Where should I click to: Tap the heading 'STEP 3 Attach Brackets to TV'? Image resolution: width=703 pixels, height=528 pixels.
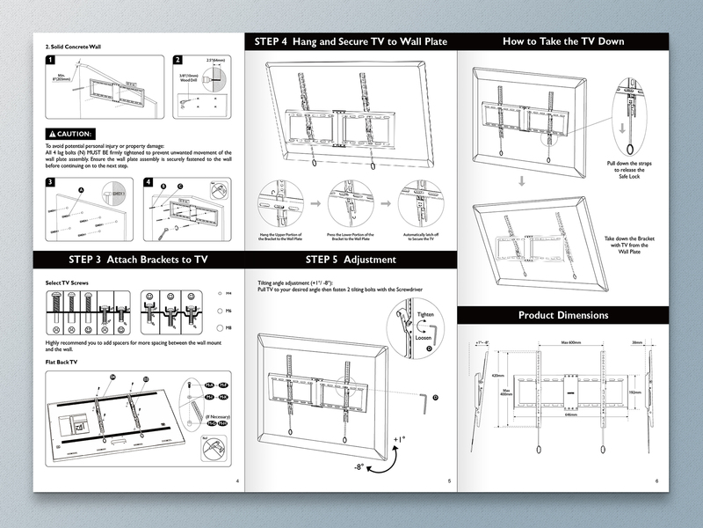pyautogui.click(x=138, y=260)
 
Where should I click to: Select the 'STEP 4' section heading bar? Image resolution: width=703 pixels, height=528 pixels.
pyautogui.click(x=350, y=41)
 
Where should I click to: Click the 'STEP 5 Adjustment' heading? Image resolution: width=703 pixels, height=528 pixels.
pyautogui.click(x=350, y=260)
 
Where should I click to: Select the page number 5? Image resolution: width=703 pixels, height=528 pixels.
pyautogui.click(x=449, y=481)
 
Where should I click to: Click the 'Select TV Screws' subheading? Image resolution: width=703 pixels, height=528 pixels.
pyautogui.click(x=66, y=282)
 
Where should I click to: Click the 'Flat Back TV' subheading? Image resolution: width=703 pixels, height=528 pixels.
pyautogui.click(x=62, y=362)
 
